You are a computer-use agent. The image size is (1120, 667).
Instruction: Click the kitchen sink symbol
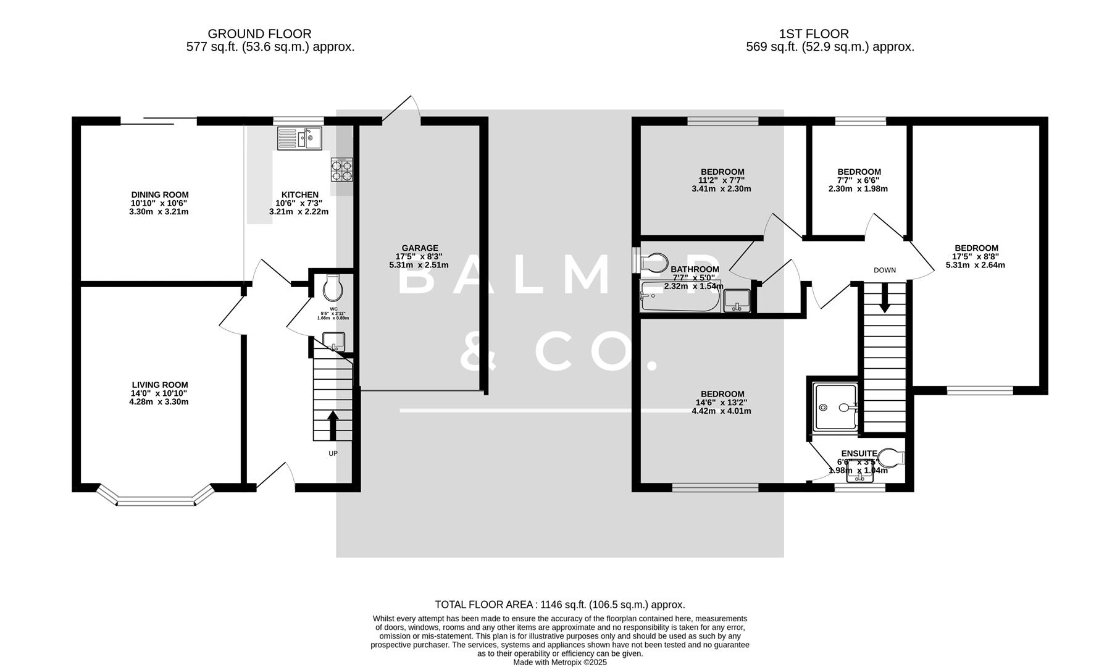click(299, 138)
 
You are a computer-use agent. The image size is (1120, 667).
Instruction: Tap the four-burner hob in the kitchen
click(342, 170)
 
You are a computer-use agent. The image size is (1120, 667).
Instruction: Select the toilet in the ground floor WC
click(333, 286)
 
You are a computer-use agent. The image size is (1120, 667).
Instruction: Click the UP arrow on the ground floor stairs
click(333, 426)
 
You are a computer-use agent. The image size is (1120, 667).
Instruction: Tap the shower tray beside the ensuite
click(835, 407)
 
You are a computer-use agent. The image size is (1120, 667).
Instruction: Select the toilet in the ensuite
click(892, 458)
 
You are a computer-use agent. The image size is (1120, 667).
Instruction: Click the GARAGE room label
click(419, 248)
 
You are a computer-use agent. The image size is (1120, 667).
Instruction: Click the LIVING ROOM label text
click(159, 385)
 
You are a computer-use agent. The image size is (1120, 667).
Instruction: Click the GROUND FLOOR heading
click(259, 34)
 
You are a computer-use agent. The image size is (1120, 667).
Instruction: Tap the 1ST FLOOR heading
click(813, 34)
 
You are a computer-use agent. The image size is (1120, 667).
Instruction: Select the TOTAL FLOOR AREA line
click(559, 605)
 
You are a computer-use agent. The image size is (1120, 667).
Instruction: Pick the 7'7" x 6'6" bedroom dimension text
click(858, 180)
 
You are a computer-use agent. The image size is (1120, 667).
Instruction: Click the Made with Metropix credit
click(559, 662)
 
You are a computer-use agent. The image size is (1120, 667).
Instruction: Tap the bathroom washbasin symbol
click(737, 301)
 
